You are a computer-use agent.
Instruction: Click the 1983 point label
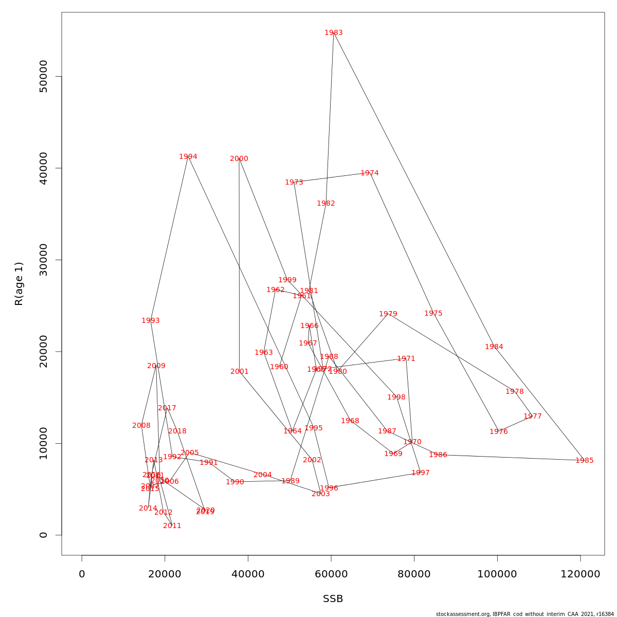[x=334, y=33]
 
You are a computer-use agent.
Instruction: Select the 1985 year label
[x=585, y=461]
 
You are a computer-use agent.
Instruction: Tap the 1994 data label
[x=188, y=157]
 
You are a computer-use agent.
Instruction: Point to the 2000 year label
[x=239, y=159]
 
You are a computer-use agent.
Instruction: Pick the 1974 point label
[x=370, y=173]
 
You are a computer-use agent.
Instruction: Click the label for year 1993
[x=151, y=321]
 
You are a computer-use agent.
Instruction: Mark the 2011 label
[x=172, y=526]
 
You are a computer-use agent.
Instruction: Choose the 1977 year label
[x=533, y=416]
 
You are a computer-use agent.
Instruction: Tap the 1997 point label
[x=421, y=473]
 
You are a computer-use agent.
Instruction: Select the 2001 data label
[x=240, y=372]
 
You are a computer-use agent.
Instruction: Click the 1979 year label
[x=388, y=314]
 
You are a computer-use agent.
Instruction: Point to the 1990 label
[x=235, y=482]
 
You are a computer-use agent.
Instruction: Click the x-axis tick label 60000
[x=331, y=574]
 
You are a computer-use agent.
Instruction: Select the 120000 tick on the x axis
[x=580, y=574]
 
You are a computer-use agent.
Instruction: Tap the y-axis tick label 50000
[x=43, y=77]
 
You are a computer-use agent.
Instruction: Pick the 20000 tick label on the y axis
[x=43, y=352]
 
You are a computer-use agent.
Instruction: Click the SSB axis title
[x=333, y=599]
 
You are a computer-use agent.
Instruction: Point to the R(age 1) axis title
[x=19, y=284]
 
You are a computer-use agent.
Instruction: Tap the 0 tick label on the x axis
[x=82, y=574]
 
